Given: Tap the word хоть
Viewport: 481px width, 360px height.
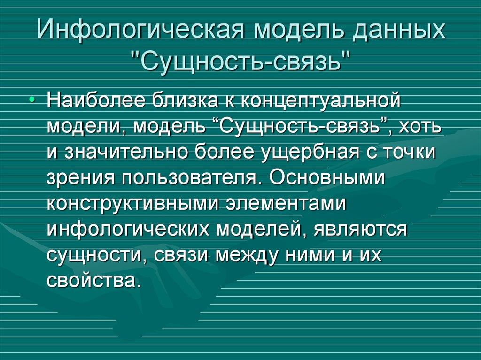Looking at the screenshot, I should [419, 127].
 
